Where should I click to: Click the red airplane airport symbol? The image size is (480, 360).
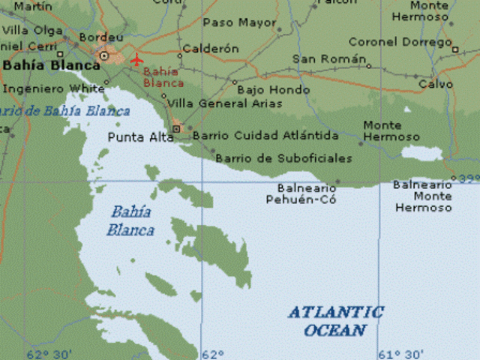[136, 58]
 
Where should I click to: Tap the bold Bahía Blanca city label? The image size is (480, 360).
[51, 65]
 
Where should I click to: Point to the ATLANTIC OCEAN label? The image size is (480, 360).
[335, 321]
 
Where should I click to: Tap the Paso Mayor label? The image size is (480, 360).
[239, 22]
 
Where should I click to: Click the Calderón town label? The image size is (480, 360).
[210, 49]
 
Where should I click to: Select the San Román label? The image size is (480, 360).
[328, 58]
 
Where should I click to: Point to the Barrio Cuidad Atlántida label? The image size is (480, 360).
[265, 136]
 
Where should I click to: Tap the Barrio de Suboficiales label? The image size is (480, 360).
[283, 158]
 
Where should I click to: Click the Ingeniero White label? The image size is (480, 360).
[54, 88]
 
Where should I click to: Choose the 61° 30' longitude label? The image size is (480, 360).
[401, 354]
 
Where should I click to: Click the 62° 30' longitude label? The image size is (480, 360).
[49, 354]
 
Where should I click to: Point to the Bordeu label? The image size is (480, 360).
[100, 36]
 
